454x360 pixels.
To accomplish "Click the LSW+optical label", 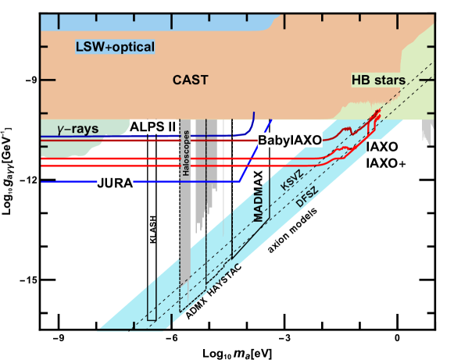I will click(x=114, y=48).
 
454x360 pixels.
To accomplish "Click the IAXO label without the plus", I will click(x=382, y=147).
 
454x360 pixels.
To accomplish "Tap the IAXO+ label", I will click(x=386, y=163).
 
